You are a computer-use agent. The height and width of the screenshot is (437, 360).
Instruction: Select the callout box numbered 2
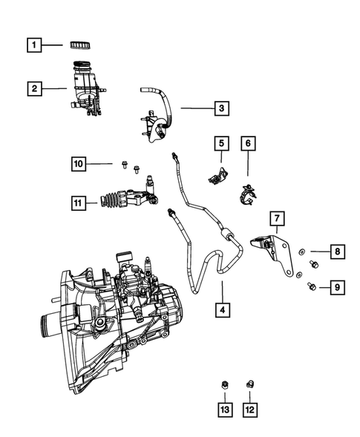(x=34, y=89)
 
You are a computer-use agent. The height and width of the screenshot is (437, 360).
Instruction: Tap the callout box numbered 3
(x=220, y=109)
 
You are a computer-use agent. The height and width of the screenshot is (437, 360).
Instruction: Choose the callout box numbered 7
(x=275, y=218)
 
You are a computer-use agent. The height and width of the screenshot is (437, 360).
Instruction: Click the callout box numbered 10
(x=79, y=162)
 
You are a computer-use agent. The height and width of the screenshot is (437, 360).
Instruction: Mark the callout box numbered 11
(x=79, y=200)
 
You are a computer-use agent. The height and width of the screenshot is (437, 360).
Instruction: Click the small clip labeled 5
(x=220, y=177)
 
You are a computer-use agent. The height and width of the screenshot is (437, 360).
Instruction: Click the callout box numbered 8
(x=336, y=252)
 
